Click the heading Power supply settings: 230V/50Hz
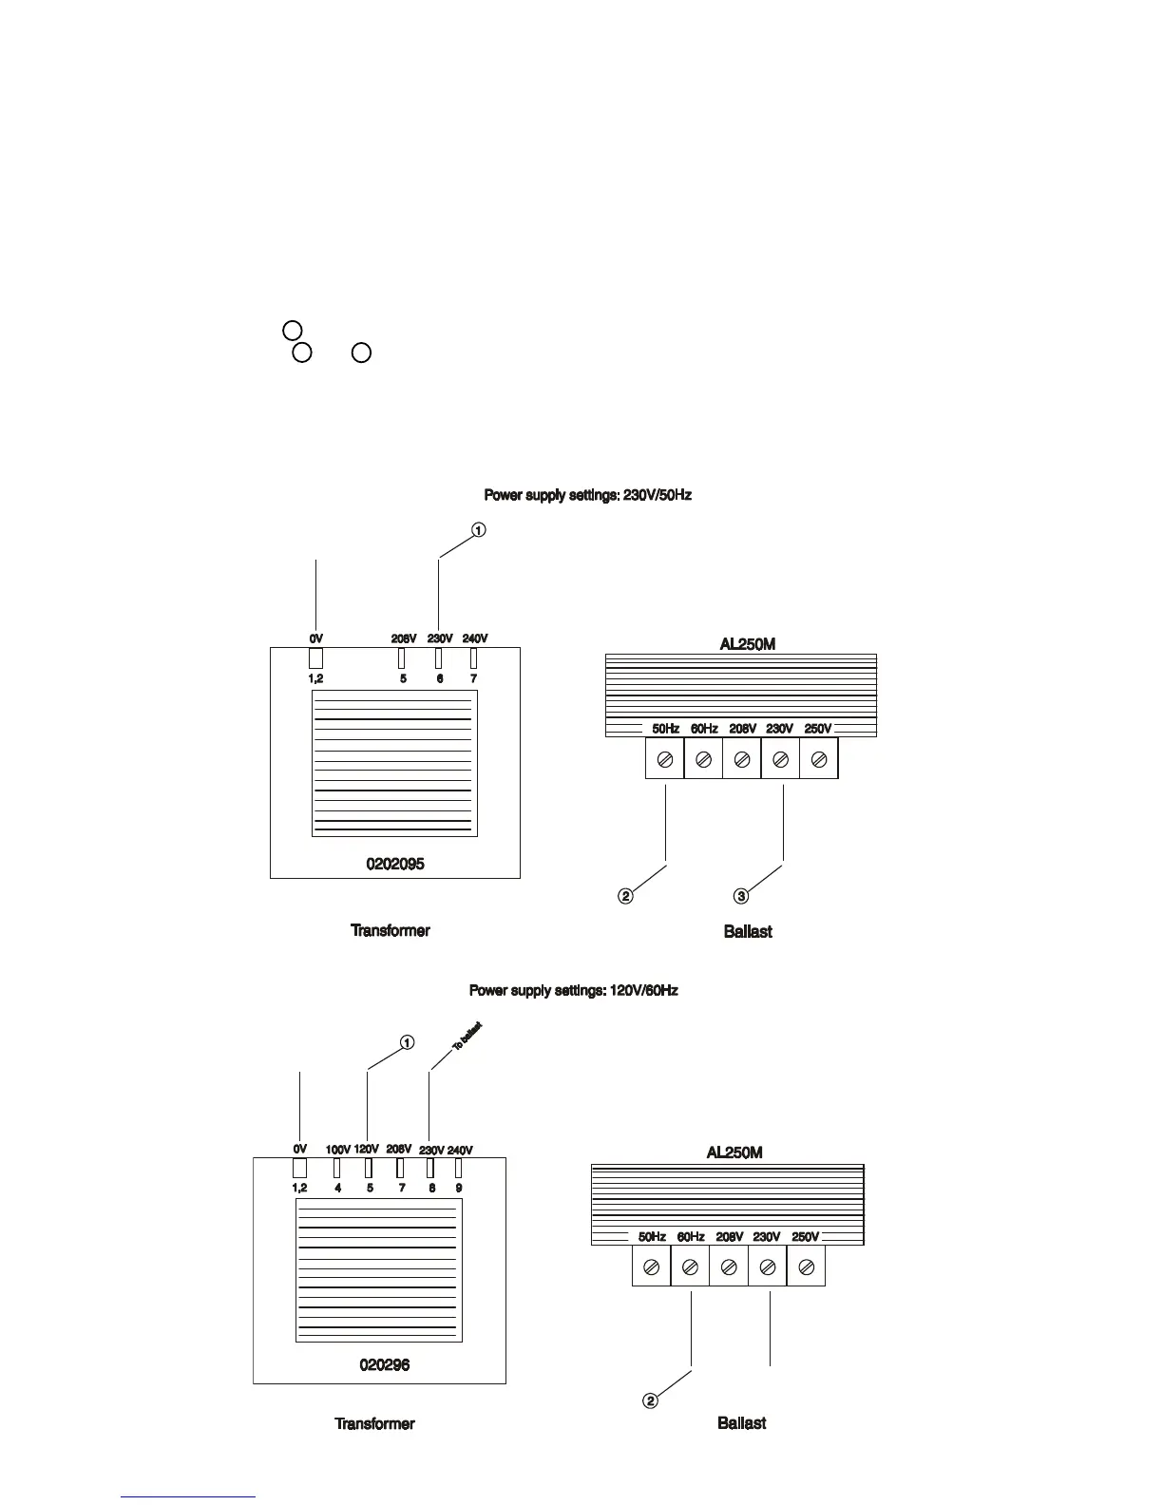click(x=587, y=495)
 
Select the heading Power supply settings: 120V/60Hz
click(x=573, y=990)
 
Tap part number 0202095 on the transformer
click(x=395, y=864)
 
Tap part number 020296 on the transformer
click(x=385, y=1364)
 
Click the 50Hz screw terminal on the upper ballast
click(x=665, y=760)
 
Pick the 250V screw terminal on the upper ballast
click(x=819, y=760)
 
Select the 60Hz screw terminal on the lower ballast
click(x=691, y=1267)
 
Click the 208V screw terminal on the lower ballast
click(x=729, y=1267)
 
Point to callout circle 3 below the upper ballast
click(x=741, y=895)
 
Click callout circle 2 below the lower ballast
click(x=650, y=1400)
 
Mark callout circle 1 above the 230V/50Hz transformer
click(x=479, y=529)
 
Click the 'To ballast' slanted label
click(x=467, y=1036)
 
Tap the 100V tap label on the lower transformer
click(x=338, y=1150)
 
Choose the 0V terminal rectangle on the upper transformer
click(x=316, y=657)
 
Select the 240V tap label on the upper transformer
click(x=474, y=638)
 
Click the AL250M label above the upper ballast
click(x=747, y=644)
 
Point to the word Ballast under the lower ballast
click(x=741, y=1423)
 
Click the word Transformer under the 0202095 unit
click(x=391, y=930)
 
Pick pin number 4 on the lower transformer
click(x=338, y=1188)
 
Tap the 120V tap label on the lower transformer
click(x=367, y=1149)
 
